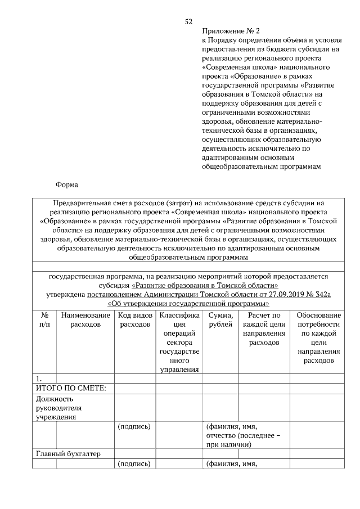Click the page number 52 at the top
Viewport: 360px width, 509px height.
(x=189, y=21)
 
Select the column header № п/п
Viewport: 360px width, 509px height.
(x=44, y=320)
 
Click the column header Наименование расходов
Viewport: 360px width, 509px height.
(x=86, y=320)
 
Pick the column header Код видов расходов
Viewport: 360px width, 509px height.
(x=136, y=320)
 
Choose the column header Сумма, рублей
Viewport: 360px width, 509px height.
(x=220, y=320)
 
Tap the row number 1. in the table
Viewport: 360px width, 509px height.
(x=40, y=378)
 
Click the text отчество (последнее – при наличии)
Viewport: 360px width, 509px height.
(x=244, y=440)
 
